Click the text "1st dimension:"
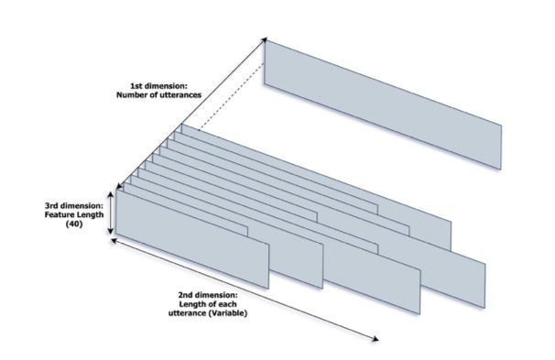158,86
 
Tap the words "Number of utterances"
159,95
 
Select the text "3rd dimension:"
74,206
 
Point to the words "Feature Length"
74,214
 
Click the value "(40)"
74,224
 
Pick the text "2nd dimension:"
208,295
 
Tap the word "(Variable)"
228,313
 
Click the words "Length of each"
208,304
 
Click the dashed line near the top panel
231,96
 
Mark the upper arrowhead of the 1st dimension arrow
264,39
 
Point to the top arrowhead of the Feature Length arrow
111,194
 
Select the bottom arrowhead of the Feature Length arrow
111,231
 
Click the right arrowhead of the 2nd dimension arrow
375,339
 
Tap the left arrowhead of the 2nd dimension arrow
114,241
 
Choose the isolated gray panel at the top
383,104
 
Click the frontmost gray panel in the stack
192,239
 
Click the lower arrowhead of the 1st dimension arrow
119,186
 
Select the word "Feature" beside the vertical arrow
60,214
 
